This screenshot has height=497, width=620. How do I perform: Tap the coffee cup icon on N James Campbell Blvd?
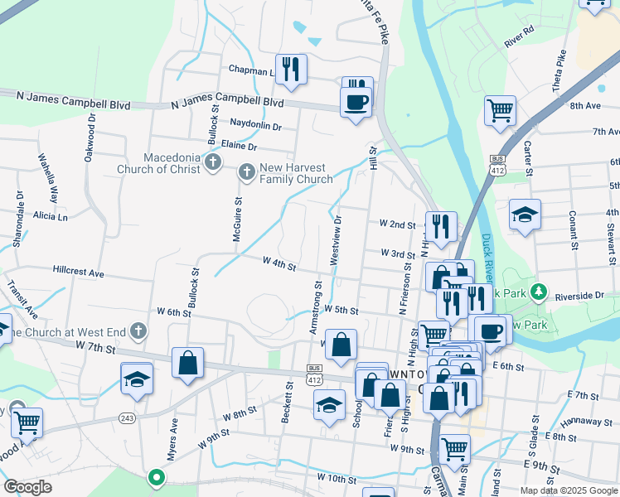pos(356,102)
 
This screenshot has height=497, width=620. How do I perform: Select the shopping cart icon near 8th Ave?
pos(500,109)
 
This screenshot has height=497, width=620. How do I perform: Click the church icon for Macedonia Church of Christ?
pos(213,162)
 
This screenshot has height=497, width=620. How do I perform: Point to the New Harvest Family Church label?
pos(295,173)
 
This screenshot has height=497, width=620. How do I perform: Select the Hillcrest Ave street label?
pos(78,273)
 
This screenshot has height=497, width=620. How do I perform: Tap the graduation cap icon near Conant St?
pos(525,215)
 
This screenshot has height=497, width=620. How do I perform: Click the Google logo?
pos(28,486)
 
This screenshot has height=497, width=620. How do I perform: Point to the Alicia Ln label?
pos(51,216)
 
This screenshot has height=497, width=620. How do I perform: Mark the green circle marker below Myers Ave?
pos(155,477)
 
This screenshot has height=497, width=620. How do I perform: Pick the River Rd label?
pos(518,39)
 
